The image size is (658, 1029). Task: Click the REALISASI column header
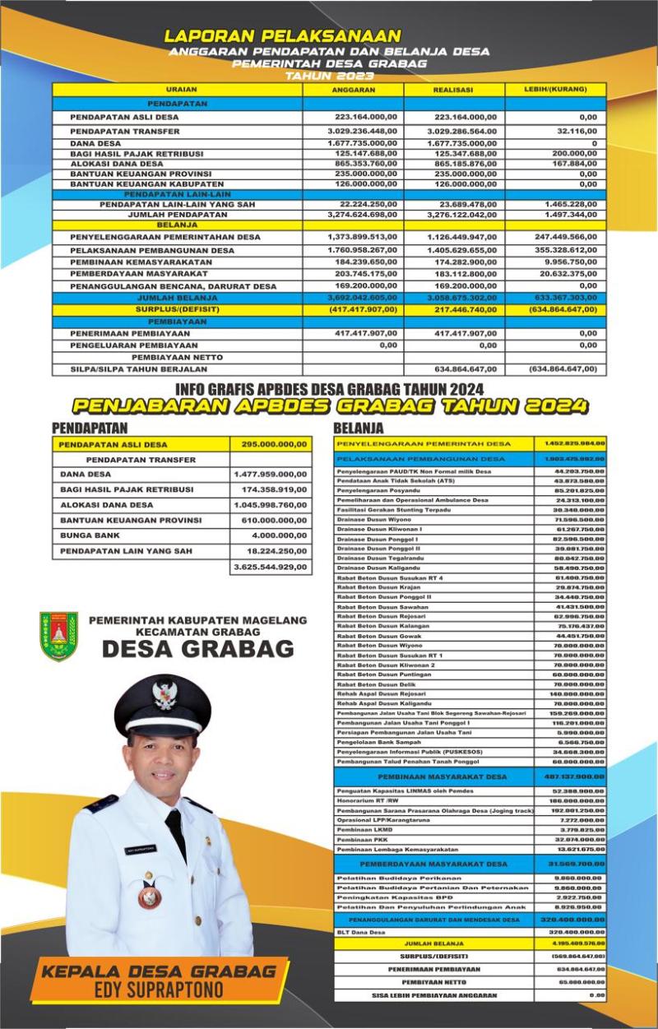[x=454, y=90]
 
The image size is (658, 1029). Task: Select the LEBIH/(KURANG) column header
[x=555, y=89]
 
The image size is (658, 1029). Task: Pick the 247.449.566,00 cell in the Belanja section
[x=564, y=237]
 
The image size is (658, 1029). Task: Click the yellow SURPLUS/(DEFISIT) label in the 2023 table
[x=178, y=309]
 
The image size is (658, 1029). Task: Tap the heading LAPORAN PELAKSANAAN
[x=283, y=36]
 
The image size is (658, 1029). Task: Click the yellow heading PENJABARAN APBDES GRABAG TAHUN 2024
[x=329, y=406]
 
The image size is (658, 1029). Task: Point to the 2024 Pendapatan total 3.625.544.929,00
[x=271, y=567]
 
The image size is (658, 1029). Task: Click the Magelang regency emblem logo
[x=59, y=636]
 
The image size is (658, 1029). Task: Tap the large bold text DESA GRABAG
[x=197, y=648]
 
